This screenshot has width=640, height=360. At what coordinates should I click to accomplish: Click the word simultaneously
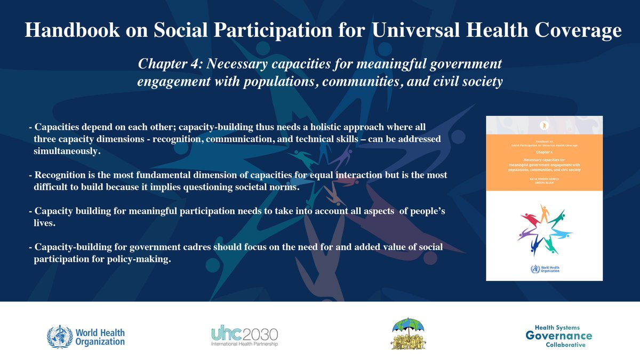(66, 151)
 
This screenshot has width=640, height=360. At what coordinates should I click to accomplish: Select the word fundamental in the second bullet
(182, 175)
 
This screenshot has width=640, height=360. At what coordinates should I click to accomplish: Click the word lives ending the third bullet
(45, 223)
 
